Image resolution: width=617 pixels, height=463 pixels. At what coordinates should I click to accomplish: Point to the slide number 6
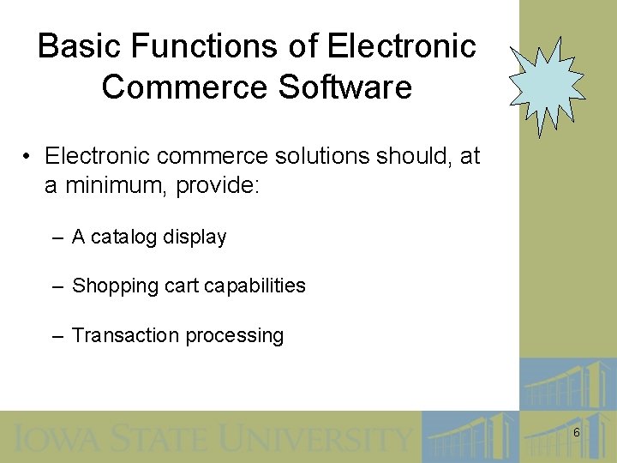(576, 433)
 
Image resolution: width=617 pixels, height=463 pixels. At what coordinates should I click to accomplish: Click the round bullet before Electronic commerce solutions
(28, 157)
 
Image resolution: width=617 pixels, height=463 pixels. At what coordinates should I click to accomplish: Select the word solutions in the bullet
(327, 157)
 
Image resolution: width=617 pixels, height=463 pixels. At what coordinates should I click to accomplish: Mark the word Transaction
(125, 335)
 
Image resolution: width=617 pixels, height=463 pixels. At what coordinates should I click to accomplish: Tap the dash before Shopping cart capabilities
(57, 286)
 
